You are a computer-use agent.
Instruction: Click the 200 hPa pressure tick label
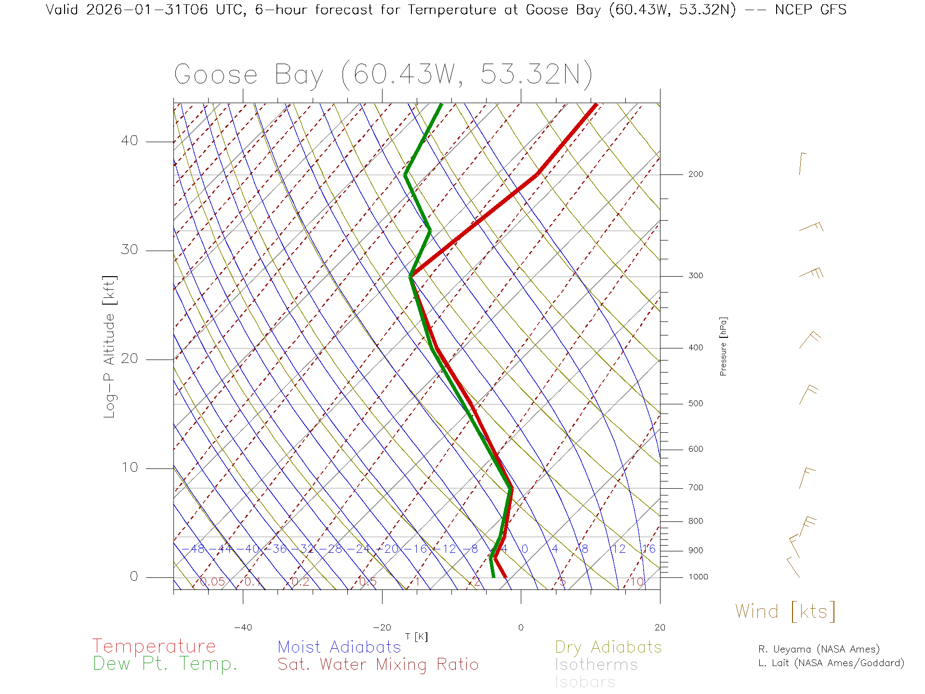tap(695, 174)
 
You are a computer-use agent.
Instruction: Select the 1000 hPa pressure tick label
tap(698, 577)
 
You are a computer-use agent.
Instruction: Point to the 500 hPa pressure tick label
tap(695, 403)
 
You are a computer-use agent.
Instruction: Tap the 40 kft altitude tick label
tap(130, 141)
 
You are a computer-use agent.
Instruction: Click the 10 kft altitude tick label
tap(130, 467)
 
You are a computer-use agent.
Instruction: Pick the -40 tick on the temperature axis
tap(243, 627)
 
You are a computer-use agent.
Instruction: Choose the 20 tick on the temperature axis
tap(660, 627)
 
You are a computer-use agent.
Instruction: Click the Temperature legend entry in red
tap(154, 646)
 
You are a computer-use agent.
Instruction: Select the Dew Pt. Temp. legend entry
tap(165, 664)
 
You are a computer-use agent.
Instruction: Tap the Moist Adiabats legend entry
tap(339, 647)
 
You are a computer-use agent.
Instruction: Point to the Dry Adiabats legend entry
tap(608, 647)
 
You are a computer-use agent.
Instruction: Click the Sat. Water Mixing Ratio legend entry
tap(378, 665)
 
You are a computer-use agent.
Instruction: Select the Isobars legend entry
tap(585, 682)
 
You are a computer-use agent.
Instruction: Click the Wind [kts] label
tap(785, 612)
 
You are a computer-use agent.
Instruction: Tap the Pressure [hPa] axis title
tap(723, 346)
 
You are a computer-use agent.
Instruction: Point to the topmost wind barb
tap(802, 164)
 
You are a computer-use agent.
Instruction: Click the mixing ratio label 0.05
tap(212, 582)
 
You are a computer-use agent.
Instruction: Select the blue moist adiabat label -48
tap(196, 549)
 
